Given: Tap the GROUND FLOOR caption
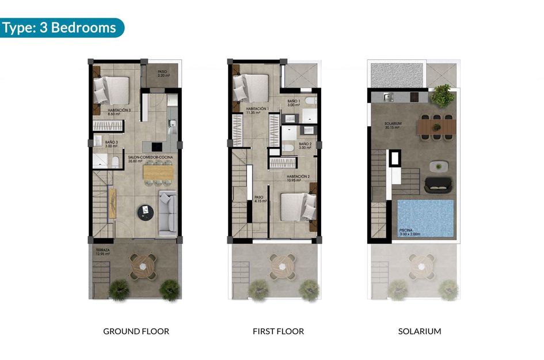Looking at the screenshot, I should (x=136, y=331).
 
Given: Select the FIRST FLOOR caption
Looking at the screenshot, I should (x=278, y=331).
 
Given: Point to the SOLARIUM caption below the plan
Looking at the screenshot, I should (x=420, y=331).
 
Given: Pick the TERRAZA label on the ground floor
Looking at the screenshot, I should (x=104, y=250).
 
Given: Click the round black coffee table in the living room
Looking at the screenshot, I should (x=146, y=213).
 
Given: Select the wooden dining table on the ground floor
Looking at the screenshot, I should (x=157, y=172).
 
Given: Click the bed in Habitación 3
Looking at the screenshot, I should (x=112, y=90).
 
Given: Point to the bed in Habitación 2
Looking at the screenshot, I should (x=297, y=207).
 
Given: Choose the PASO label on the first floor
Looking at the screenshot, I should (x=258, y=198).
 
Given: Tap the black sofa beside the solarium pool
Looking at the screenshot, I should (x=439, y=184).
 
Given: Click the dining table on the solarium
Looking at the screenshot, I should (x=438, y=125).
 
